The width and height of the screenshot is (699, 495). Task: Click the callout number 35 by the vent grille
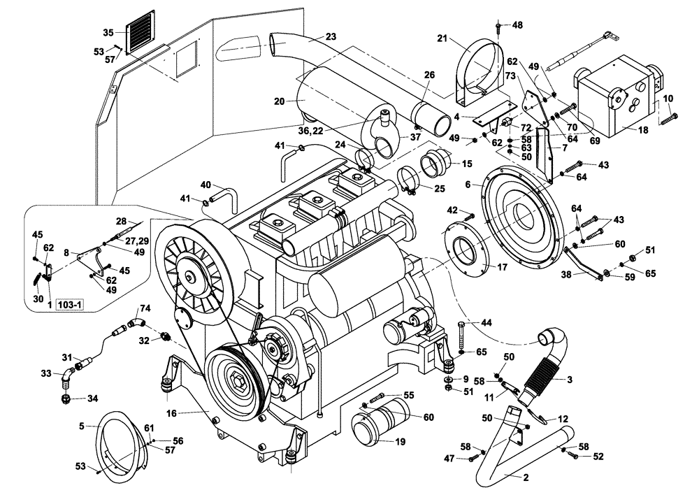point(108,32)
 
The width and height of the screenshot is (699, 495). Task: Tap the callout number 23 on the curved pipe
point(331,36)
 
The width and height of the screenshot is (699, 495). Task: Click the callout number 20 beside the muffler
point(280,101)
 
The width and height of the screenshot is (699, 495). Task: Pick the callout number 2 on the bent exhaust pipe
point(525,478)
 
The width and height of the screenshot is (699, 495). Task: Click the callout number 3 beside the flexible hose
point(569,380)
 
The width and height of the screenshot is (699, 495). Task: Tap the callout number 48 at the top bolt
point(517,25)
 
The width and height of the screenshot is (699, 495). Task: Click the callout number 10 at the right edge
point(668,98)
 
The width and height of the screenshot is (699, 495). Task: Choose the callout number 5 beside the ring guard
point(82,425)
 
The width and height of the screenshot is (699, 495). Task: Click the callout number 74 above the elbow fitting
point(145,308)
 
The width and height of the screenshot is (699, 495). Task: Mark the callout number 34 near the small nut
point(92,399)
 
